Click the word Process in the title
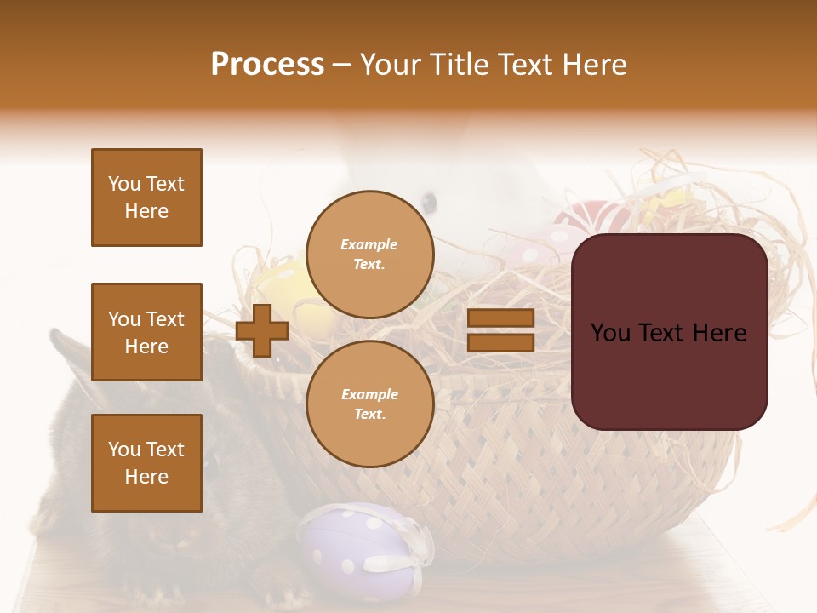pyautogui.click(x=267, y=65)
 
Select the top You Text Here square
pyautogui.click(x=146, y=198)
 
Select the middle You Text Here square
pyautogui.click(x=146, y=332)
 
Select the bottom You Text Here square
pyautogui.click(x=146, y=463)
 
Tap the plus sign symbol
pyautogui.click(x=262, y=330)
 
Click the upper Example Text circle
pyautogui.click(x=369, y=254)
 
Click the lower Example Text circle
pyautogui.click(x=369, y=404)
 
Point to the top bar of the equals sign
pyautogui.click(x=500, y=318)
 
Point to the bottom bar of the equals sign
pyautogui.click(x=500, y=343)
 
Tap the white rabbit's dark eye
pyautogui.click(x=430, y=203)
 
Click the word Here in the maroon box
pyautogui.click(x=718, y=333)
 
